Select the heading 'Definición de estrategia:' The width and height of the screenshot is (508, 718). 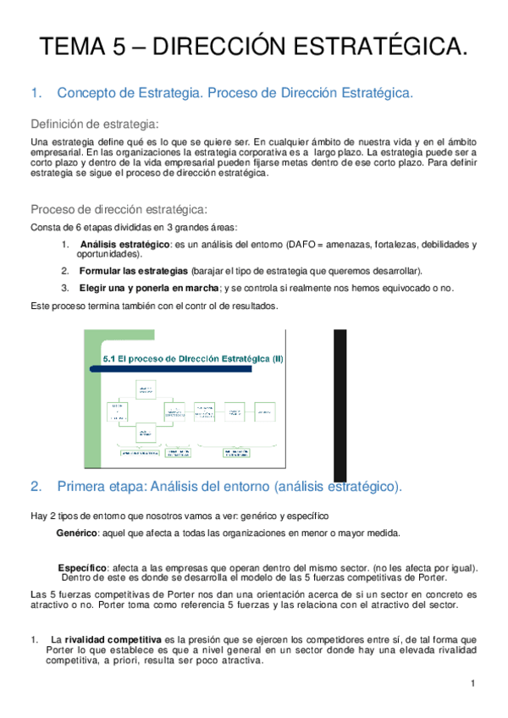point(95,122)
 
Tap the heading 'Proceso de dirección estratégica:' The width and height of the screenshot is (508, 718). point(119,209)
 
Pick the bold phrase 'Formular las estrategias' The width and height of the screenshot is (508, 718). point(134,271)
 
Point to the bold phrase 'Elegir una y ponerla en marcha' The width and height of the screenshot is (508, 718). point(149,288)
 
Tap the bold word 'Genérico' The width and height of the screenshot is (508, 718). point(77,533)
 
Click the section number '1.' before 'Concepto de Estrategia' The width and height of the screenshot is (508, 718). point(36,93)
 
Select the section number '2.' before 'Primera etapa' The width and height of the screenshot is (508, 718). point(36,487)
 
